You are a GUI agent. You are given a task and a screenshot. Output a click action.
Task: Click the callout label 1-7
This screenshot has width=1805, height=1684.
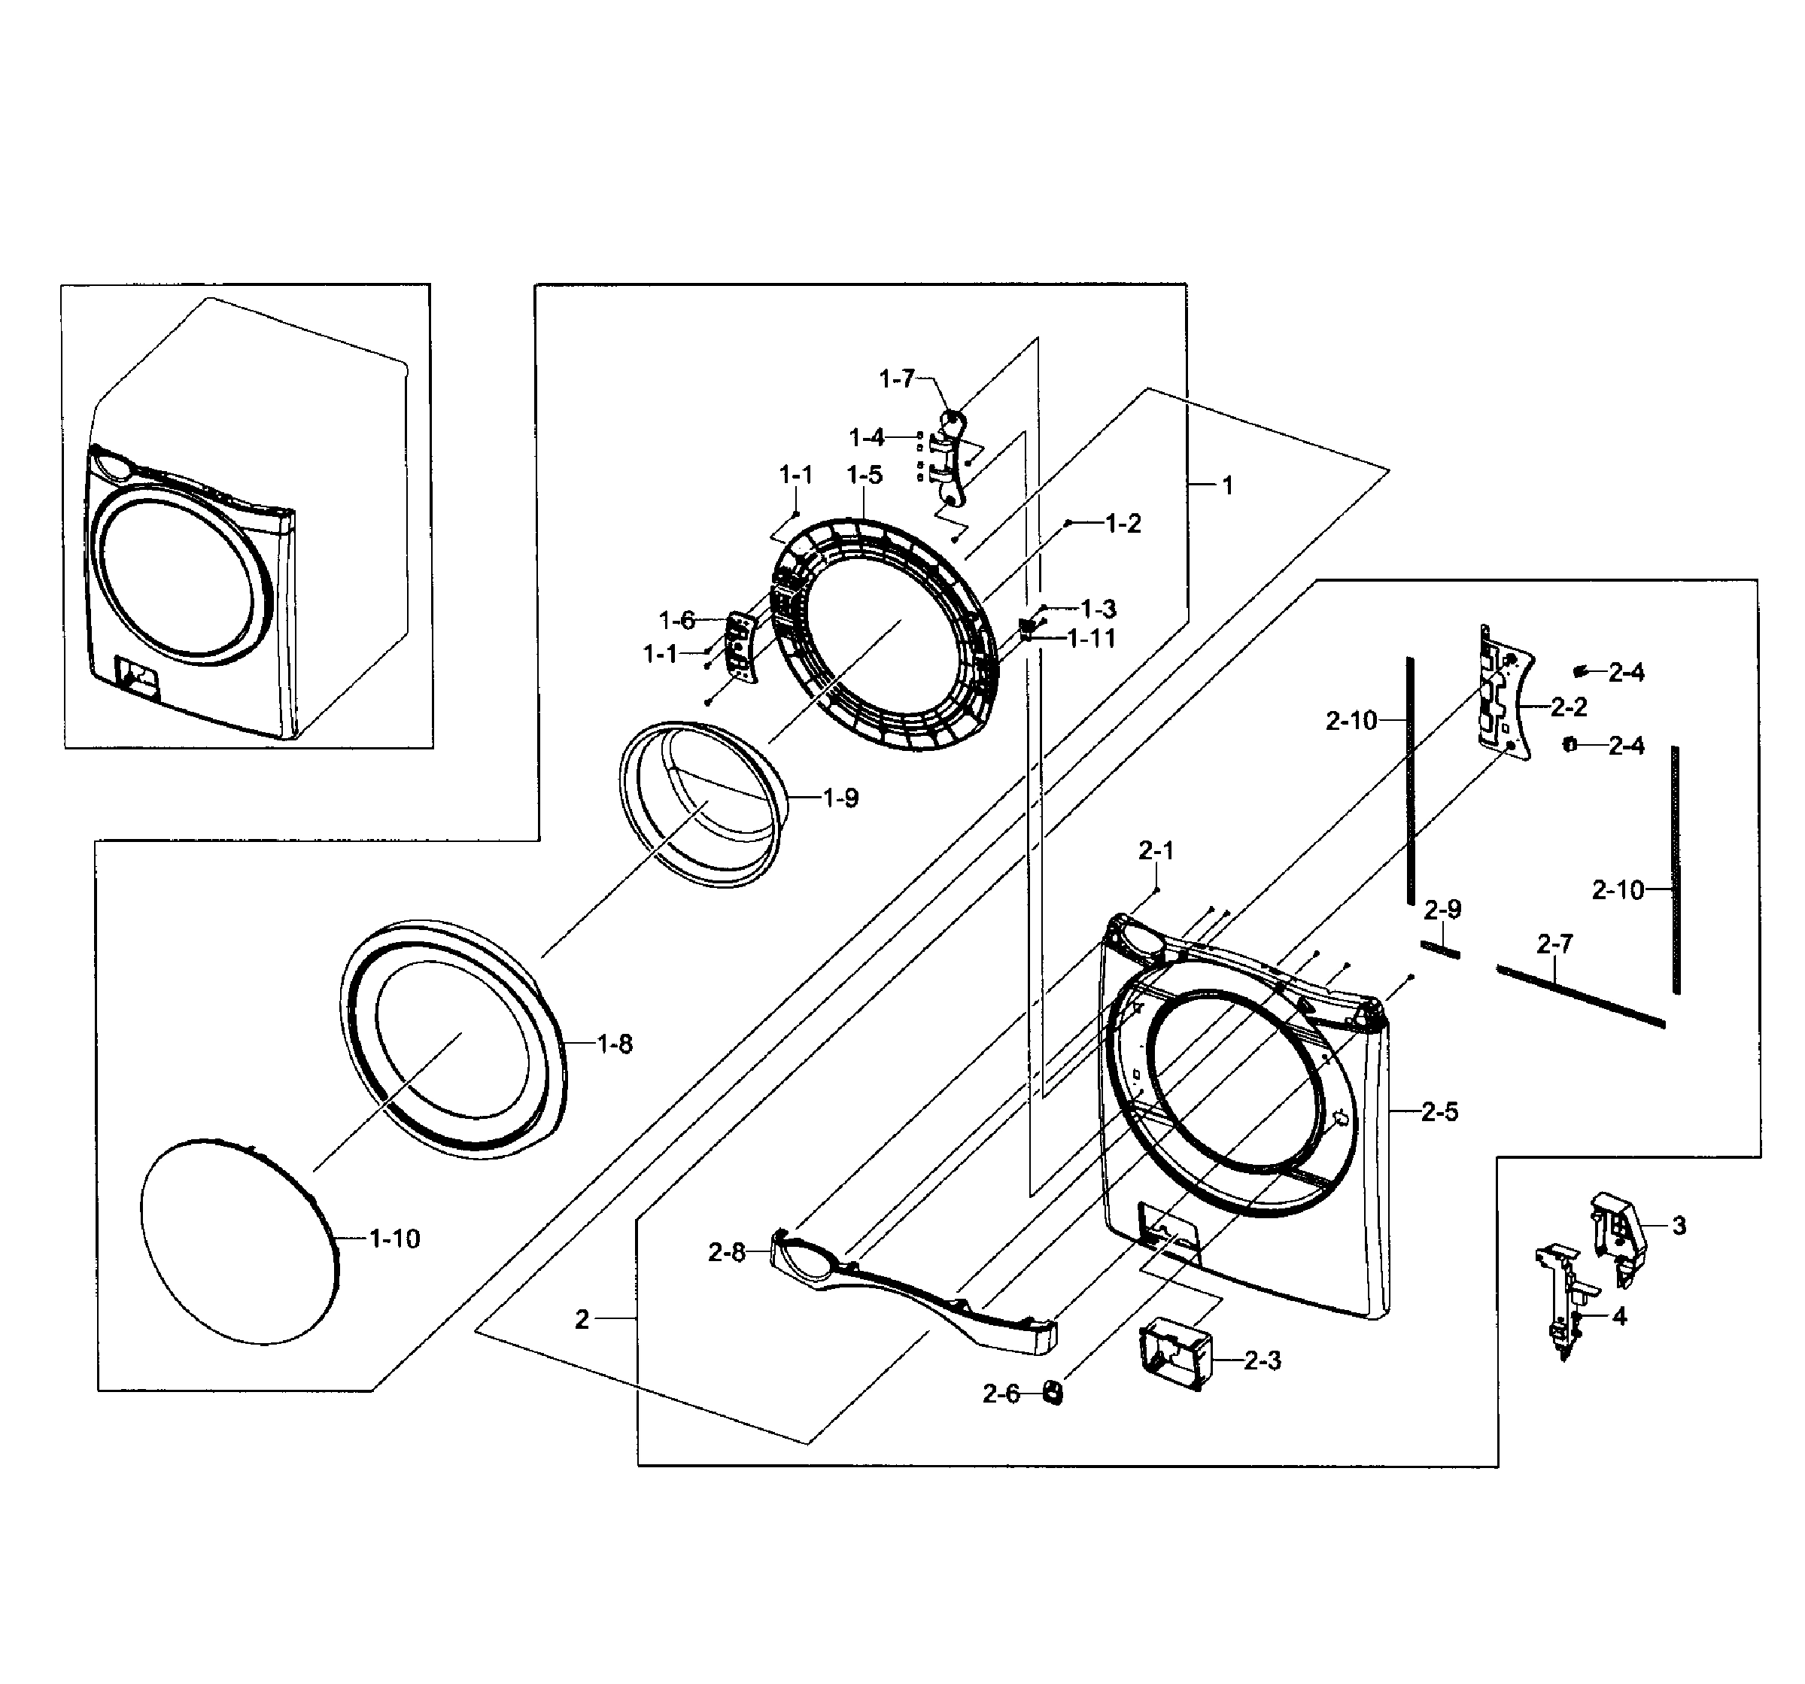[x=896, y=378]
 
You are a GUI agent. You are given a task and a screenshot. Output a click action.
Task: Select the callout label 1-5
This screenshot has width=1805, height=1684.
[x=865, y=475]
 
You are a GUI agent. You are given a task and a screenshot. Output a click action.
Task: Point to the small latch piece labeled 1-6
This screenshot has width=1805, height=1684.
[x=742, y=646]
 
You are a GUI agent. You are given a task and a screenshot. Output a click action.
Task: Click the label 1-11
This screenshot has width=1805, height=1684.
[x=1092, y=638]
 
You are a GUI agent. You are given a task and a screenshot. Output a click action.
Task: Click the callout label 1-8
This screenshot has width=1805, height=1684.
[x=615, y=1045]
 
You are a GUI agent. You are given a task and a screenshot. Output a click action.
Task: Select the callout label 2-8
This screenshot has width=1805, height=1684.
[x=726, y=1253]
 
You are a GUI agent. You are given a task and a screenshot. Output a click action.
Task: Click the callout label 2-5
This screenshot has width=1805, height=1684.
[x=1439, y=1112]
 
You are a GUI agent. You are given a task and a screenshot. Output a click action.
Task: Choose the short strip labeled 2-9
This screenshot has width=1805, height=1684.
[x=1441, y=949]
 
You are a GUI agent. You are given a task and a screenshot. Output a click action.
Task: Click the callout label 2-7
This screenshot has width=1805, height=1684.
[x=1554, y=944]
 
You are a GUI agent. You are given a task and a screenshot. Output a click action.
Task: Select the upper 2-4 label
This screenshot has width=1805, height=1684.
[x=1626, y=673]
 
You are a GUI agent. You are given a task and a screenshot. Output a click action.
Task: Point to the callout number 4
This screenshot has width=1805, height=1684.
[x=1620, y=1315]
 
